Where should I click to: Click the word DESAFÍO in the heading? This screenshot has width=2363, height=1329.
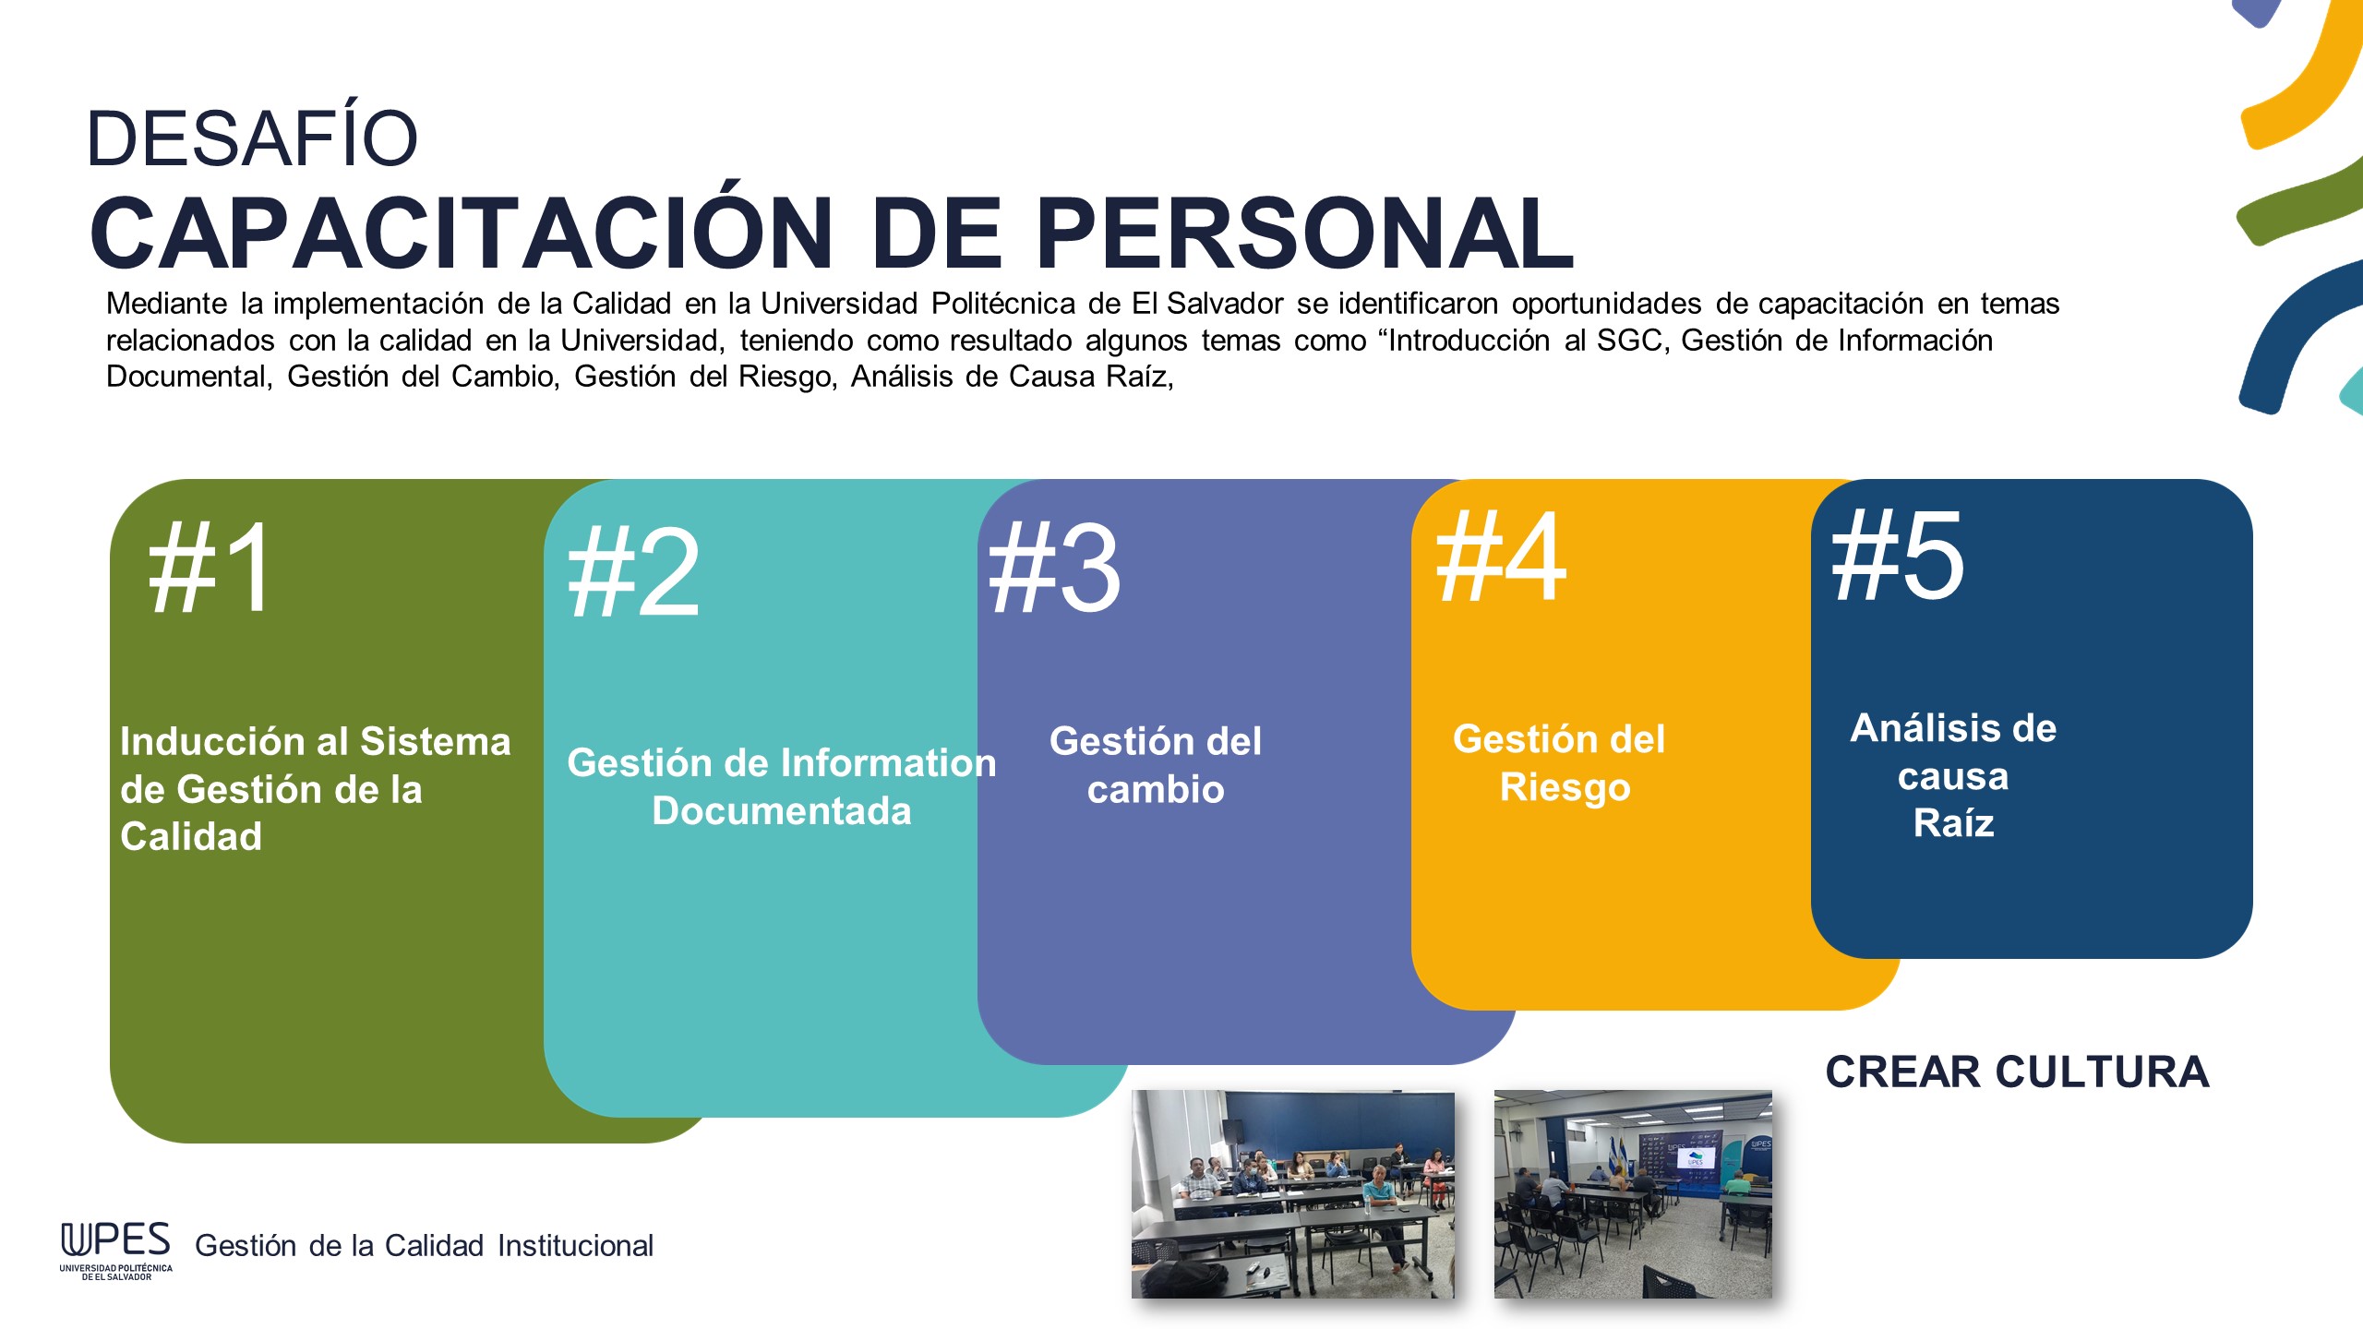252,138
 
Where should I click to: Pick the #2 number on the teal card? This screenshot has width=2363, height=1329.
633,572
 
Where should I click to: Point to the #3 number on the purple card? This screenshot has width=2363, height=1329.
1054,567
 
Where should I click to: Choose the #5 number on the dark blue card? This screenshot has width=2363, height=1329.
1898,556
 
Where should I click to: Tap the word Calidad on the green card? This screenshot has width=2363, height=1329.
191,836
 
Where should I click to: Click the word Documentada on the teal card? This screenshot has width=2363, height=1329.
782,810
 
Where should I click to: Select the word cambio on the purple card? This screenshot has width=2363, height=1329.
1156,789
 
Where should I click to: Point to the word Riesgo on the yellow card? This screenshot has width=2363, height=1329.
1565,787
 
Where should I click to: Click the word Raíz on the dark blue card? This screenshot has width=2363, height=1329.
1954,822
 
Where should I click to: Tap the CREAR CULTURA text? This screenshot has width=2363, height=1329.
2017,1072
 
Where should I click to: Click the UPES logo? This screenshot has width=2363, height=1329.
116,1251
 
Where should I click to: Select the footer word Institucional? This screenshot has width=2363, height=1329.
575,1245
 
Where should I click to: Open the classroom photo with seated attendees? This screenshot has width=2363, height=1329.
1293,1194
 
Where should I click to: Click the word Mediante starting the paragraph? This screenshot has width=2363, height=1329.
166,304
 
